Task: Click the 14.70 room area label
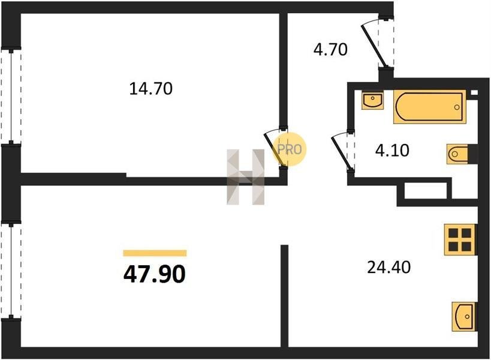coord(150,89)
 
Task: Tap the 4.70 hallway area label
coord(330,50)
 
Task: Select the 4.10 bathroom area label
coord(392,151)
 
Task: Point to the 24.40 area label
coord(388,267)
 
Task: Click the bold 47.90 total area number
coord(155,274)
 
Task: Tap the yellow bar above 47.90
coord(155,253)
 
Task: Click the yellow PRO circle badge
coord(290,149)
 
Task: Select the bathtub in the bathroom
coord(429,107)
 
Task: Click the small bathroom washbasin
coord(372,100)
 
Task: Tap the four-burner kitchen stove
coord(460,239)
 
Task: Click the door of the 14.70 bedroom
coord(276,147)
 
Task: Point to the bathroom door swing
coord(343,152)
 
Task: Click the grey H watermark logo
coord(246,177)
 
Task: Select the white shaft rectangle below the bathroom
coord(425,190)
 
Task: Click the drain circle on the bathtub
coord(457,107)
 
